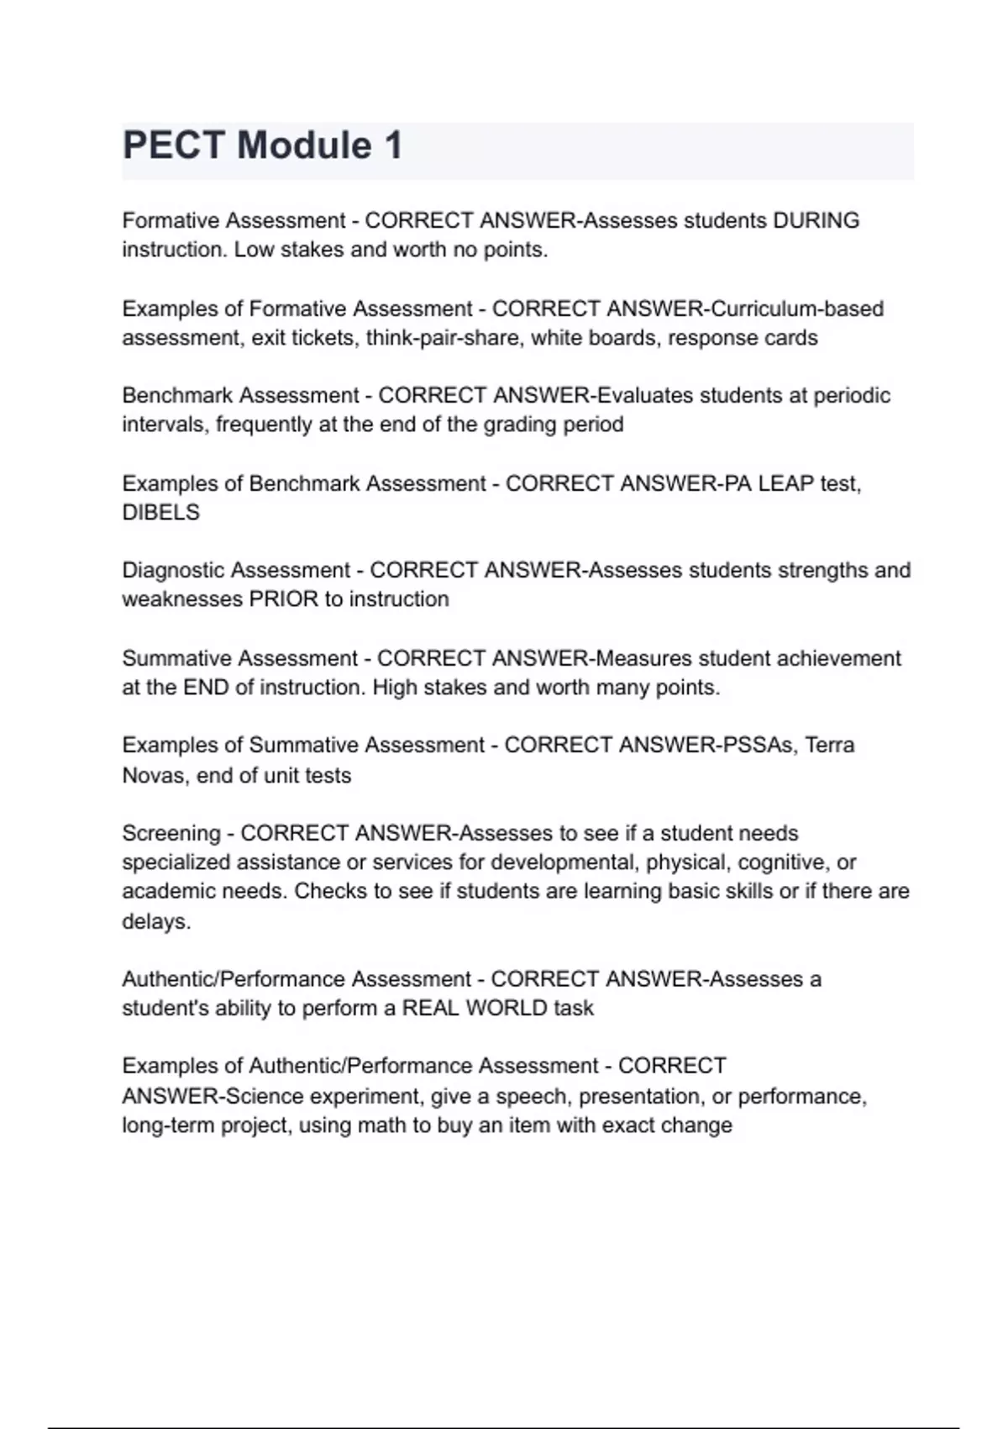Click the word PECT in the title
[172, 145]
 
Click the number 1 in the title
[393, 145]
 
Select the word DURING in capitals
[816, 220]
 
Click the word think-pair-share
[443, 338]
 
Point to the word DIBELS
[161, 513]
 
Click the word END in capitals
[206, 688]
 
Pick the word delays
[156, 921]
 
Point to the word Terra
[830, 746]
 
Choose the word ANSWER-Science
[213, 1096]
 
